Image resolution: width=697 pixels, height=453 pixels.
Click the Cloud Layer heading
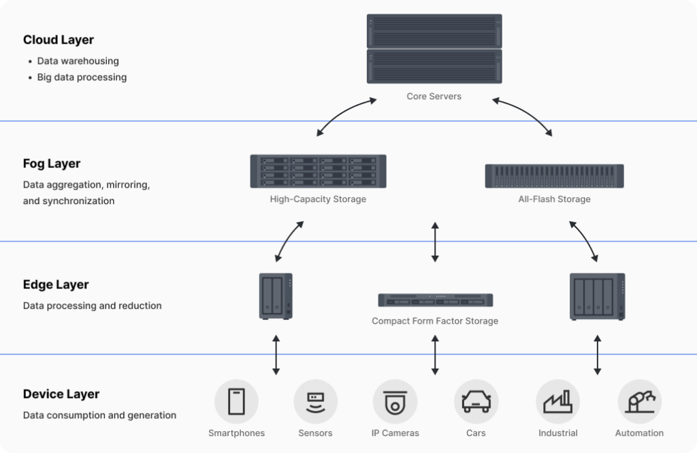point(59,40)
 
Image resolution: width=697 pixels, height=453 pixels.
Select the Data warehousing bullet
point(78,61)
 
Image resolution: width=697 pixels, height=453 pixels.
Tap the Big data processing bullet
point(82,78)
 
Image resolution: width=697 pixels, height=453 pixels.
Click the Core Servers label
point(434,97)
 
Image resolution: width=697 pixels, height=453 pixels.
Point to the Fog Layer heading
point(52,164)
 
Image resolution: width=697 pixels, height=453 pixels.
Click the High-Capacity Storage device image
point(318,171)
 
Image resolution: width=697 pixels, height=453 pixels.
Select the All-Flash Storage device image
point(554,175)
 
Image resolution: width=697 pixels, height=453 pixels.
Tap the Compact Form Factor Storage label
point(435,321)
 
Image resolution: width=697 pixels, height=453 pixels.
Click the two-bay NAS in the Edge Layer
point(276,296)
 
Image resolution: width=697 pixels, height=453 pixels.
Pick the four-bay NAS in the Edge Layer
point(597,297)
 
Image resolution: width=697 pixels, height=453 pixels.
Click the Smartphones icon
point(236,402)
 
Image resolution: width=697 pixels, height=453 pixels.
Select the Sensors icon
point(315,402)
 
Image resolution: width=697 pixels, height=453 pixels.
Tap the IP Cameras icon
point(395,402)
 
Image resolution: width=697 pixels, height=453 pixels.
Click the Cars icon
point(476,402)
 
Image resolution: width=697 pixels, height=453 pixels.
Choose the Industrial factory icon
point(557,402)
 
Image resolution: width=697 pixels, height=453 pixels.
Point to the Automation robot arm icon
point(639,402)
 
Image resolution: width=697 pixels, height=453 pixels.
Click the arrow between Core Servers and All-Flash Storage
point(523,117)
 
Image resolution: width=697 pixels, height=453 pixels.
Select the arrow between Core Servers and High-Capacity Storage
point(346,117)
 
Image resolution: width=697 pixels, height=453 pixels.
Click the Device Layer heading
point(61,395)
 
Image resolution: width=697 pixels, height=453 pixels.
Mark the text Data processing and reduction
point(93,306)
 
